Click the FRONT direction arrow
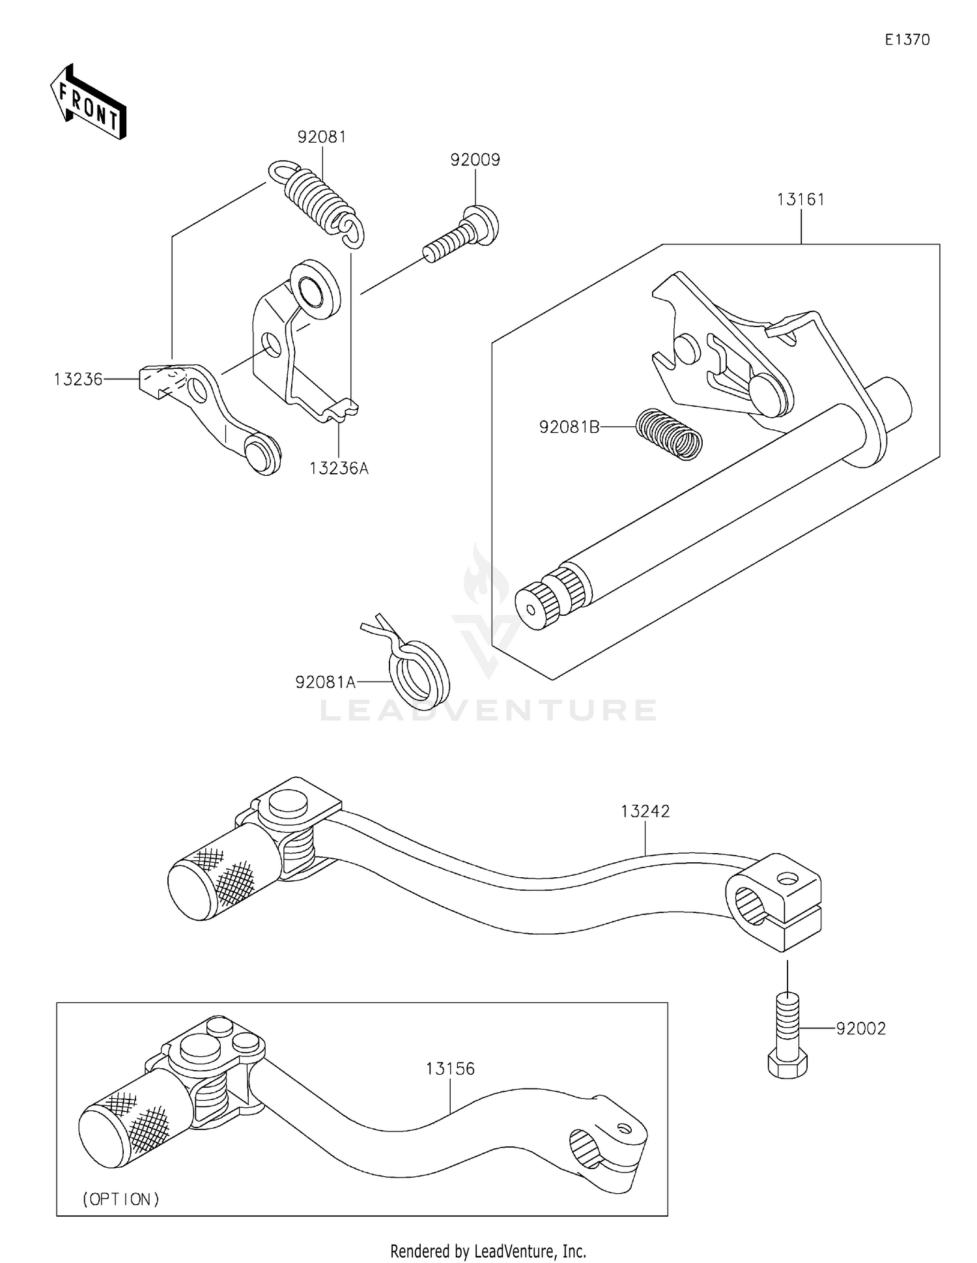[x=88, y=102]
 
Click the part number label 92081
[x=322, y=137]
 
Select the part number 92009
[x=475, y=160]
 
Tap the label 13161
[x=800, y=199]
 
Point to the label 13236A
[x=339, y=468]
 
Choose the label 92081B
[x=569, y=427]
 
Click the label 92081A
[x=325, y=682]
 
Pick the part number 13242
[x=645, y=811]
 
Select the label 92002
[x=861, y=1028]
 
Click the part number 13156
[x=450, y=1069]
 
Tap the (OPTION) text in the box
[x=121, y=1198]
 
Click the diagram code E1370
[x=907, y=40]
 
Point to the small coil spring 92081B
[x=669, y=434]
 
